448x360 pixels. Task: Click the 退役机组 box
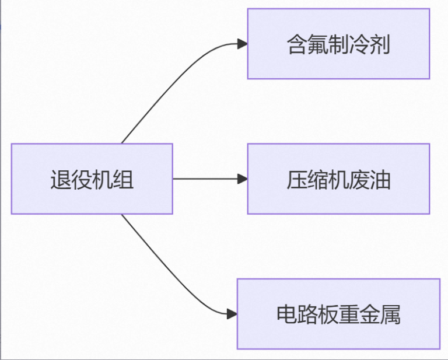pos(92,179)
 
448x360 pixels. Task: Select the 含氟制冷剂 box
pos(338,44)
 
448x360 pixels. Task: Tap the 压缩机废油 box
pos(338,179)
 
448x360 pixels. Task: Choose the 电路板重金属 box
pos(338,314)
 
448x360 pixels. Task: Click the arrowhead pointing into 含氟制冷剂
pos(242,44)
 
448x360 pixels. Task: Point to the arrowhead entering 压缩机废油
pos(242,179)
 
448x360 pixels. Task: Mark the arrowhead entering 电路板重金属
pos(232,314)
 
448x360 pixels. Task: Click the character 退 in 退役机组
pos(61,180)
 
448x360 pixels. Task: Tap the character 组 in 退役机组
pos(124,180)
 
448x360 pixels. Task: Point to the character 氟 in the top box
pos(318,44)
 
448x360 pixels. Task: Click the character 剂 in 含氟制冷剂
pos(380,44)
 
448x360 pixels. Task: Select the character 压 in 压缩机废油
pos(297,180)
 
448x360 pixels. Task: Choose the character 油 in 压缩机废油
pos(380,180)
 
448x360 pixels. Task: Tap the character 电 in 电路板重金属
pos(287,314)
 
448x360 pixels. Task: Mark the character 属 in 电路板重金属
pos(390,314)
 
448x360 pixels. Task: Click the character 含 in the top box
pos(297,44)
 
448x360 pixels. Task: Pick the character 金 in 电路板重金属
pos(370,314)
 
